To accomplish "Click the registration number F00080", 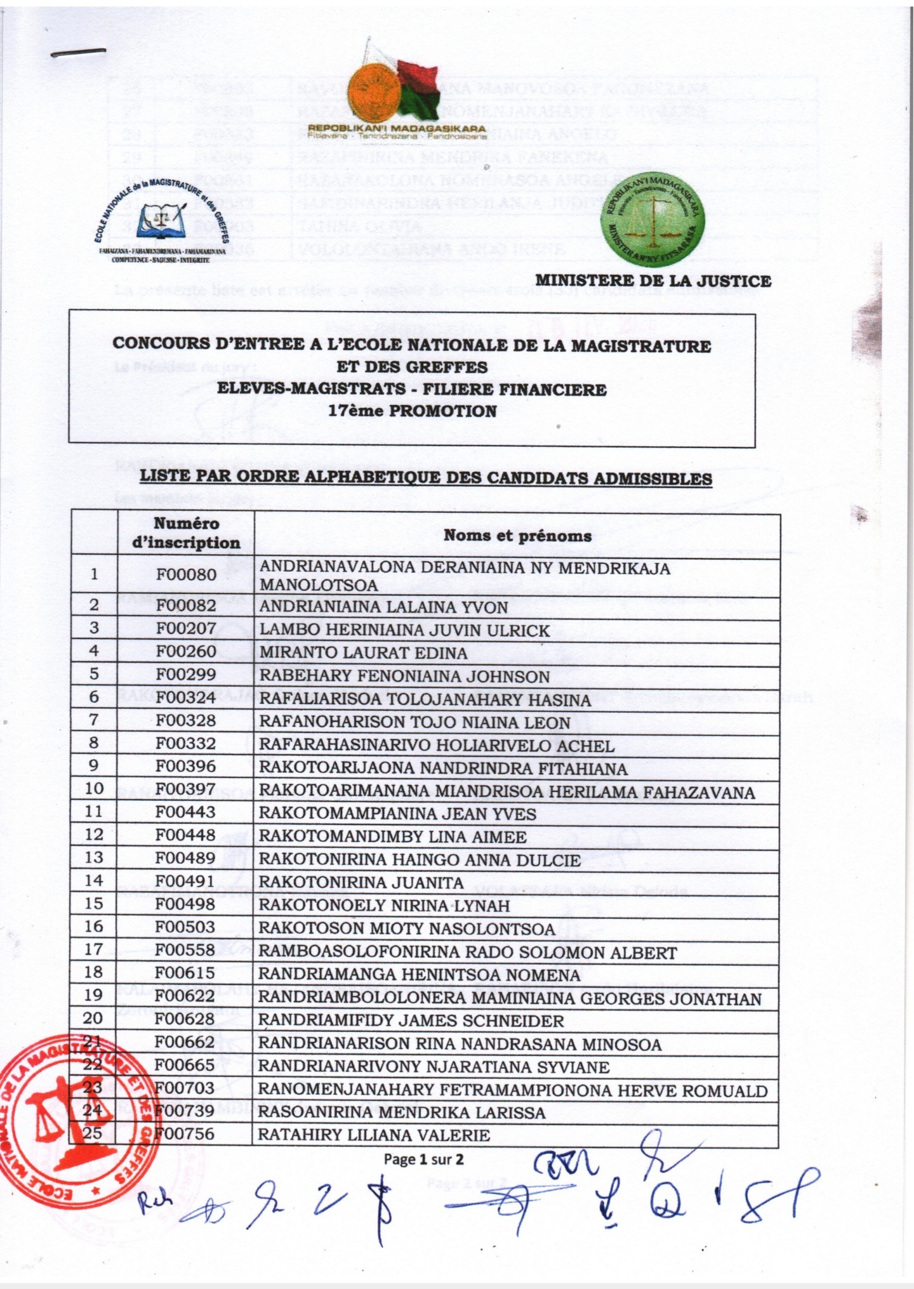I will coord(186,574).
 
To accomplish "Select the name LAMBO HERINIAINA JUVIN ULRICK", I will coord(404,630).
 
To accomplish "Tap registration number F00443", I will coord(185,812).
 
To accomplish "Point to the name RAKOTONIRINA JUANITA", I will coord(361,882).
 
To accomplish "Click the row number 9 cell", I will coord(94,765).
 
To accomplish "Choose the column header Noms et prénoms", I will coord(517,536).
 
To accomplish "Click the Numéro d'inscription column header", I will coord(186,533).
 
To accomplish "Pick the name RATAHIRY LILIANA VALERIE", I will coord(374,1135).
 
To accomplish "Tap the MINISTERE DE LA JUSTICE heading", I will coord(653,281).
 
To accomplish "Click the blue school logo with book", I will coord(162,219).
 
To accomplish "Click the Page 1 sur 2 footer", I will coord(423,1159).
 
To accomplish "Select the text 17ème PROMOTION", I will coord(412,411).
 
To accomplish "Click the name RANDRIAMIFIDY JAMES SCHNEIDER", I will coord(411,1021).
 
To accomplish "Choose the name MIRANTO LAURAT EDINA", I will coord(363,653).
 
